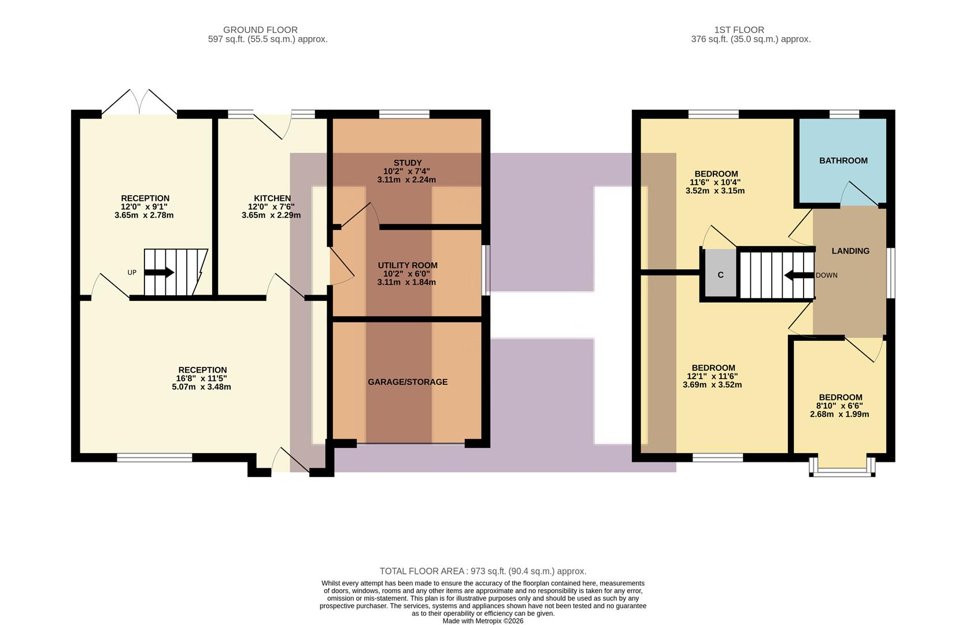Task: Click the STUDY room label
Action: click(x=407, y=163)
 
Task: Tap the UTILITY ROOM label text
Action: click(x=407, y=265)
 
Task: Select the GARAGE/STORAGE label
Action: click(x=407, y=382)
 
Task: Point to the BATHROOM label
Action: click(x=843, y=160)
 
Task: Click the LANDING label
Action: click(x=850, y=251)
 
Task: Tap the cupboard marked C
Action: click(x=720, y=275)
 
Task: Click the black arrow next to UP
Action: click(x=162, y=272)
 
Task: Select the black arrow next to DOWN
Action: click(x=799, y=275)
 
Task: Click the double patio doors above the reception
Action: click(x=139, y=103)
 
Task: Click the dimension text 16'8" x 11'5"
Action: click(x=202, y=378)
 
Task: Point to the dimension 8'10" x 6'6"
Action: click(x=839, y=406)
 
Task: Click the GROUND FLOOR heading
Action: click(x=260, y=30)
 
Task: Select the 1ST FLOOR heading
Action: click(x=739, y=30)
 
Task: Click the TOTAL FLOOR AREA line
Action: click(x=483, y=571)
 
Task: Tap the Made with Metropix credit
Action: click(x=483, y=621)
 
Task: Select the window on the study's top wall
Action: click(x=404, y=114)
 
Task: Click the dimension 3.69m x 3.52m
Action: click(x=712, y=384)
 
